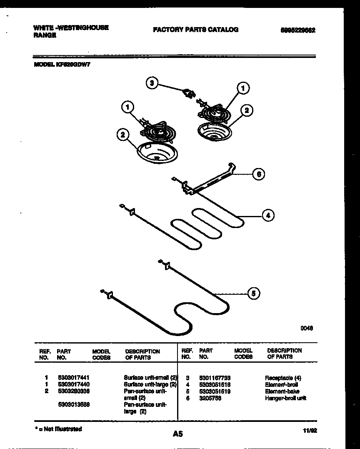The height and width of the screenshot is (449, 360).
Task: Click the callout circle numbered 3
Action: [x=152, y=83]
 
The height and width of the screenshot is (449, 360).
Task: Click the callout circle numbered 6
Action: [x=259, y=174]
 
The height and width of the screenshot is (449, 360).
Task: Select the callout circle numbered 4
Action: [x=268, y=215]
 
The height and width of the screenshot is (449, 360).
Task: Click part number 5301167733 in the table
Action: [x=215, y=377]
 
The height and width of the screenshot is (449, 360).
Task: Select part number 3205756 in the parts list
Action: [x=210, y=398]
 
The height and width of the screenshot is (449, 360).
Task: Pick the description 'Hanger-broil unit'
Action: [x=285, y=398]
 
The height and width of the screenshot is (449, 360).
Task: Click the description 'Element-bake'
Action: [x=282, y=391]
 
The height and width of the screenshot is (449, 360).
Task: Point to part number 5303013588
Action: [x=73, y=405]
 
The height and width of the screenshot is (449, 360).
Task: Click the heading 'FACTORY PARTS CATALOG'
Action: [x=195, y=30]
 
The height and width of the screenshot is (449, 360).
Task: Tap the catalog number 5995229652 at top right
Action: [x=298, y=30]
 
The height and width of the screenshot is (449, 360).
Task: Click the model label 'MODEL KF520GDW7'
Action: [x=61, y=65]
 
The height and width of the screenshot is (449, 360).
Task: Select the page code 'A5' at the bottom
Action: [x=178, y=434]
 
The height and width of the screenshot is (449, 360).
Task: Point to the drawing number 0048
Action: [x=307, y=328]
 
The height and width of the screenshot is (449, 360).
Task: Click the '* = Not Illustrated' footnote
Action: [x=58, y=429]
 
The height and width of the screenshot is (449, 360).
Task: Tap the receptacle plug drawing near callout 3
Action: [x=190, y=93]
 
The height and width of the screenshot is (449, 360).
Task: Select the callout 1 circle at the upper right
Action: [x=243, y=88]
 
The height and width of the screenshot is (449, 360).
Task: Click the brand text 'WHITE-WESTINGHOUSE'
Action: [x=71, y=28]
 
